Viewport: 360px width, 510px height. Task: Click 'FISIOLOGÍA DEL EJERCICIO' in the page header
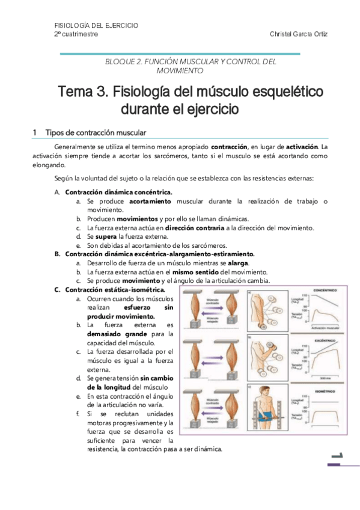click(x=96, y=25)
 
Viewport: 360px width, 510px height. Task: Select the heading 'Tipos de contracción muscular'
click(x=96, y=132)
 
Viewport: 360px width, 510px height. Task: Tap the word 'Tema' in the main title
click(x=75, y=93)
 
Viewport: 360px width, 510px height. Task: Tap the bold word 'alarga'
click(x=239, y=263)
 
